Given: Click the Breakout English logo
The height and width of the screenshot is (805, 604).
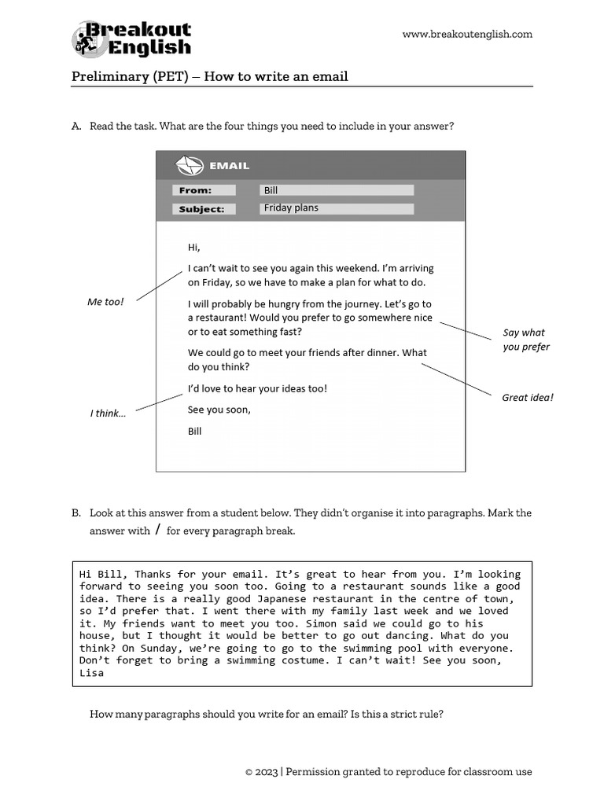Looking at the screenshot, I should point(131,39).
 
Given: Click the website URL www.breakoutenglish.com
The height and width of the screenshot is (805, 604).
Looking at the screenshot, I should point(467,34).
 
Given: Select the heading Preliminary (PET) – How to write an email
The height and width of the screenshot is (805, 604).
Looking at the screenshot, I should point(209,76).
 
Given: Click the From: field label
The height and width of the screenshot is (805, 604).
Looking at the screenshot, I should point(195,190).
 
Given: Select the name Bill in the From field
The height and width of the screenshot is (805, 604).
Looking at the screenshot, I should point(271,190).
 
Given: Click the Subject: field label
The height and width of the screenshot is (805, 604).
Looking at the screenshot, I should point(201,209).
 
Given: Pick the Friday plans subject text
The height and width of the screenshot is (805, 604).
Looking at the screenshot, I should point(291,208).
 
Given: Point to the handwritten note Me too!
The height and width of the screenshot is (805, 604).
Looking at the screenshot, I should point(105,302).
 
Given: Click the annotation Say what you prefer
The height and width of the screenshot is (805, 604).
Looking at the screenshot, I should point(526,340).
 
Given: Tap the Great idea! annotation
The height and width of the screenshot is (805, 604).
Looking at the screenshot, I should point(528,398).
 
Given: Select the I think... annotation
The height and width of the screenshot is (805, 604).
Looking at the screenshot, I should point(108,414).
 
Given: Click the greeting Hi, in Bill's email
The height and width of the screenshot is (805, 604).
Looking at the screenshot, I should point(194,248).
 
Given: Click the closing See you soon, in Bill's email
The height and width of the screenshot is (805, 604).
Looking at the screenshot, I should point(219,410).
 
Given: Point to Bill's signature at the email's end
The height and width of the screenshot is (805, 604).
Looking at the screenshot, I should point(195,431).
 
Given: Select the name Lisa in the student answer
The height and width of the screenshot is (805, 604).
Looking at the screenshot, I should point(92,673).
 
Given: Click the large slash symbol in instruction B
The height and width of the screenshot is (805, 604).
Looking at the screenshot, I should point(158,530).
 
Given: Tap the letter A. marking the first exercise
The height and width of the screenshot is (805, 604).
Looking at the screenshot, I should point(76,127).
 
